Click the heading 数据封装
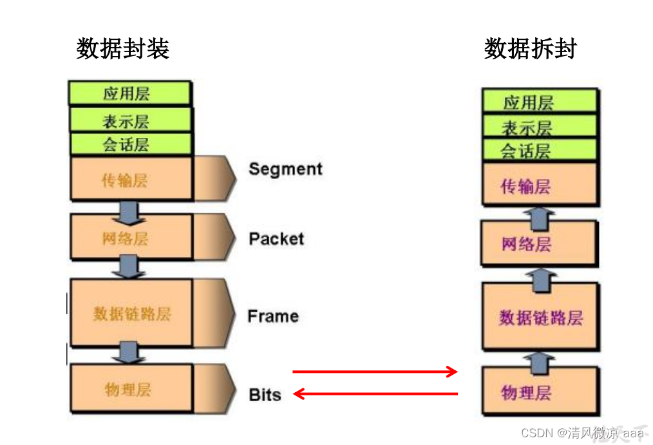(x=122, y=48)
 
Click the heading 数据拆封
(x=530, y=48)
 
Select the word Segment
(x=285, y=169)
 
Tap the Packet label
(x=276, y=239)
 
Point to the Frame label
(x=273, y=316)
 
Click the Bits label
(x=265, y=395)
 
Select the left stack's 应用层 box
(x=129, y=93)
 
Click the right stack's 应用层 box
(x=540, y=102)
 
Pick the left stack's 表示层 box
(x=129, y=120)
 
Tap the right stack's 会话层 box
(x=540, y=151)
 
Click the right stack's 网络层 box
(x=540, y=243)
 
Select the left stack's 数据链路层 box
(x=131, y=313)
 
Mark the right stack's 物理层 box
(x=540, y=392)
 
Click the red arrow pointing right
(x=375, y=372)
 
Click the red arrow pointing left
(x=375, y=393)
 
